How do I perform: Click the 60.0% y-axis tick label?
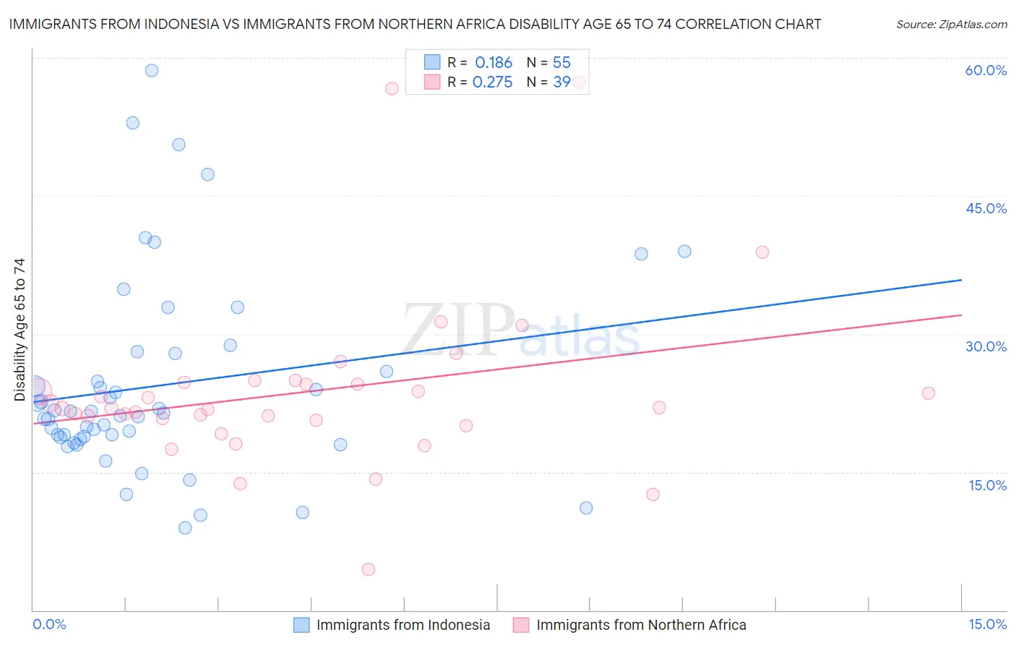(x=986, y=70)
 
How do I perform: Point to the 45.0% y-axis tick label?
(x=986, y=208)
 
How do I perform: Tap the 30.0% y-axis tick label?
(x=986, y=346)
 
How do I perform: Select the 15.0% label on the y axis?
(x=987, y=485)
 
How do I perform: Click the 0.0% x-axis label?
(x=49, y=624)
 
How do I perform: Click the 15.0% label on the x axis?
(x=987, y=624)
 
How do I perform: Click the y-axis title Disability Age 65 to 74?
(x=20, y=329)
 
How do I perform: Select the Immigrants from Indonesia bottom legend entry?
(x=402, y=625)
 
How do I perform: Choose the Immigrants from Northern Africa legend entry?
(x=640, y=625)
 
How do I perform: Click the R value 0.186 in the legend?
(x=494, y=63)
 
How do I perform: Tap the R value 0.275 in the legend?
(x=492, y=82)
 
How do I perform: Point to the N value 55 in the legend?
(x=561, y=63)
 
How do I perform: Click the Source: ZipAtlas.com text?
(x=951, y=24)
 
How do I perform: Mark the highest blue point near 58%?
(x=152, y=70)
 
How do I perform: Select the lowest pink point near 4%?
(x=369, y=569)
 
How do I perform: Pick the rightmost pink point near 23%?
(x=929, y=393)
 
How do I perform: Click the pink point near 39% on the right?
(x=762, y=252)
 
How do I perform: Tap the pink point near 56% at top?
(x=392, y=89)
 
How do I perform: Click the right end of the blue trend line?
(x=961, y=280)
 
